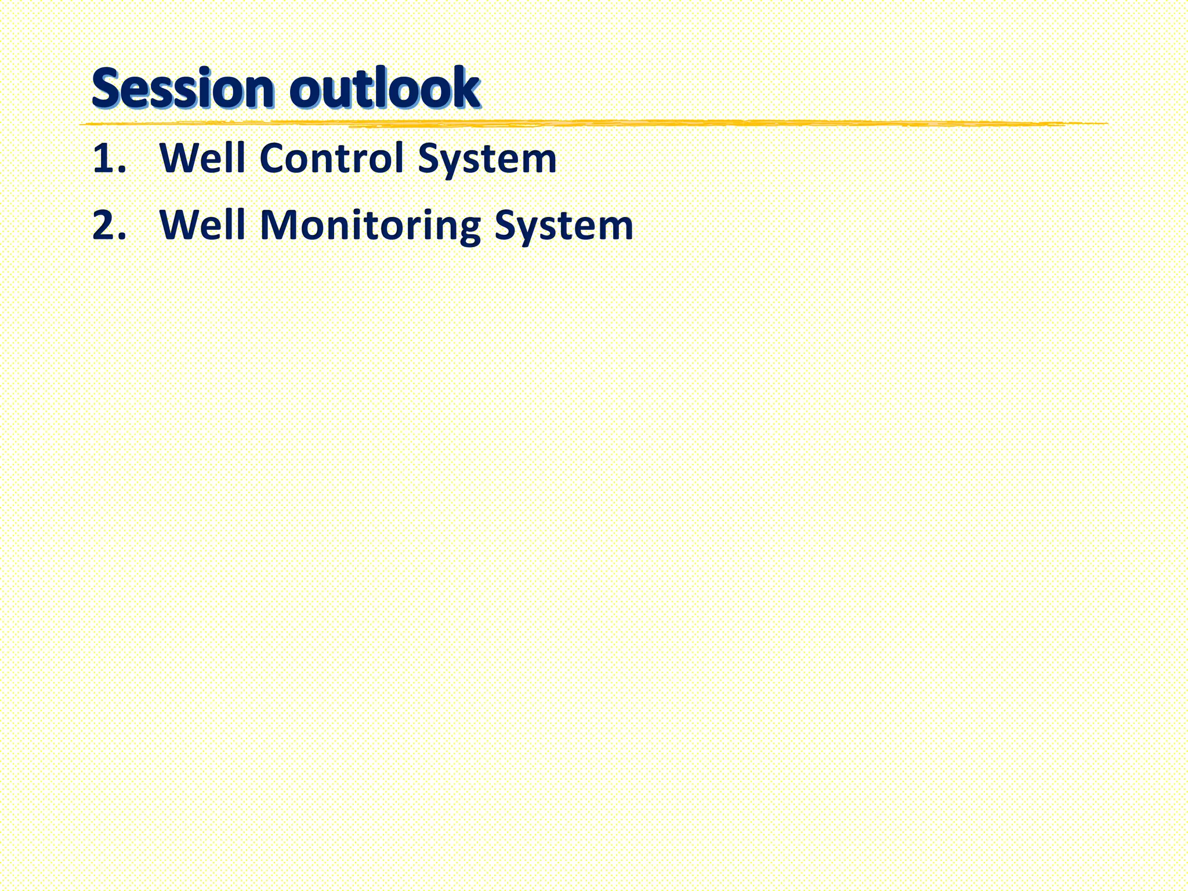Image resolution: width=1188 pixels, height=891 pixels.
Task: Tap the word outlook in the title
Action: (x=385, y=89)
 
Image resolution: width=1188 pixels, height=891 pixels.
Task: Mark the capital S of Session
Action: (x=107, y=89)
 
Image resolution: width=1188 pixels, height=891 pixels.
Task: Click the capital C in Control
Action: (x=274, y=158)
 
